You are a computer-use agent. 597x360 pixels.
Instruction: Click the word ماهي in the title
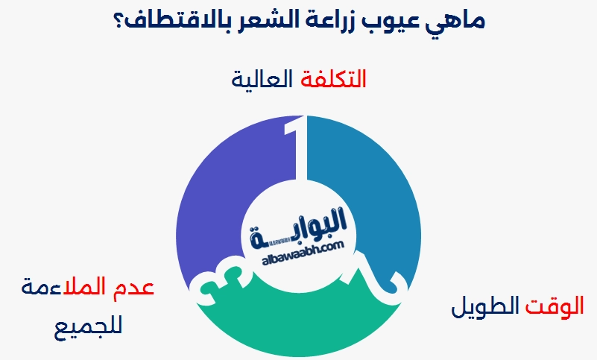pyautogui.click(x=455, y=20)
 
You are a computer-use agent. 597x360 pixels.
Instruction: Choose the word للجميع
pyautogui.click(x=90, y=326)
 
